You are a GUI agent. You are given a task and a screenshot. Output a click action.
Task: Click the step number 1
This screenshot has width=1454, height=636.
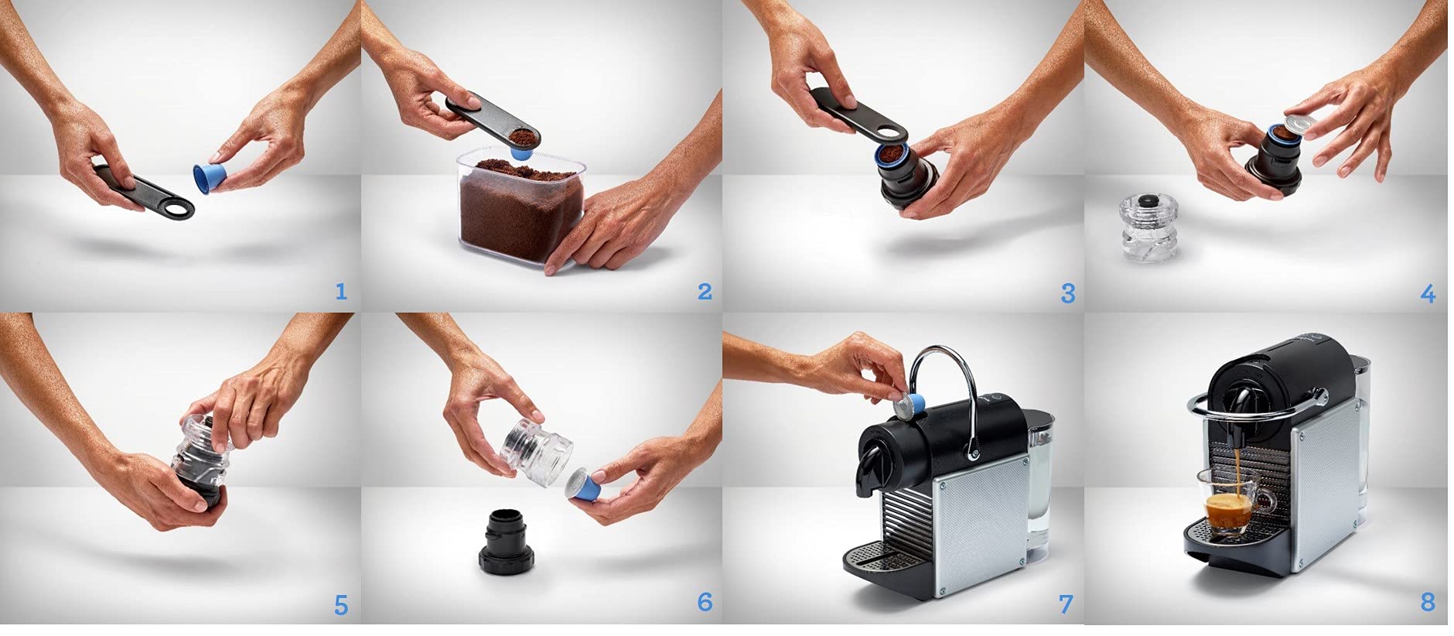[341, 291]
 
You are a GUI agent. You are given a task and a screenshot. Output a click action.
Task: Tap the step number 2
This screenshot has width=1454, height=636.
[704, 291]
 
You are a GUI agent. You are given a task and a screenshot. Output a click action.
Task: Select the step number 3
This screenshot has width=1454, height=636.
[1068, 293]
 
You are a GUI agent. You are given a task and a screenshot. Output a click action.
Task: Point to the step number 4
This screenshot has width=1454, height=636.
[1428, 294]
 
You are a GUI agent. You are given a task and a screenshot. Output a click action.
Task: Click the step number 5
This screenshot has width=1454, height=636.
[341, 604]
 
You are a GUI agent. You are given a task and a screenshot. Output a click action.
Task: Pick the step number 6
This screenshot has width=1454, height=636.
[704, 603]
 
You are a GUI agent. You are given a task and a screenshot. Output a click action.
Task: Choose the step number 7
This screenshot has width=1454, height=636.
[1066, 604]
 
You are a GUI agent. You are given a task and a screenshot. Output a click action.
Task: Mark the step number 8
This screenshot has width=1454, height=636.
[1428, 602]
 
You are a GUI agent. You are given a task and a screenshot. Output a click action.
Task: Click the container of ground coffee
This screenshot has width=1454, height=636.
[519, 203]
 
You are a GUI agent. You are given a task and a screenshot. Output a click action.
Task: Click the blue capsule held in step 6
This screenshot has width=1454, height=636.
[584, 487]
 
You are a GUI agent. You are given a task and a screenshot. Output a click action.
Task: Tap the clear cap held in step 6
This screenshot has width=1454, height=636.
[539, 450]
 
